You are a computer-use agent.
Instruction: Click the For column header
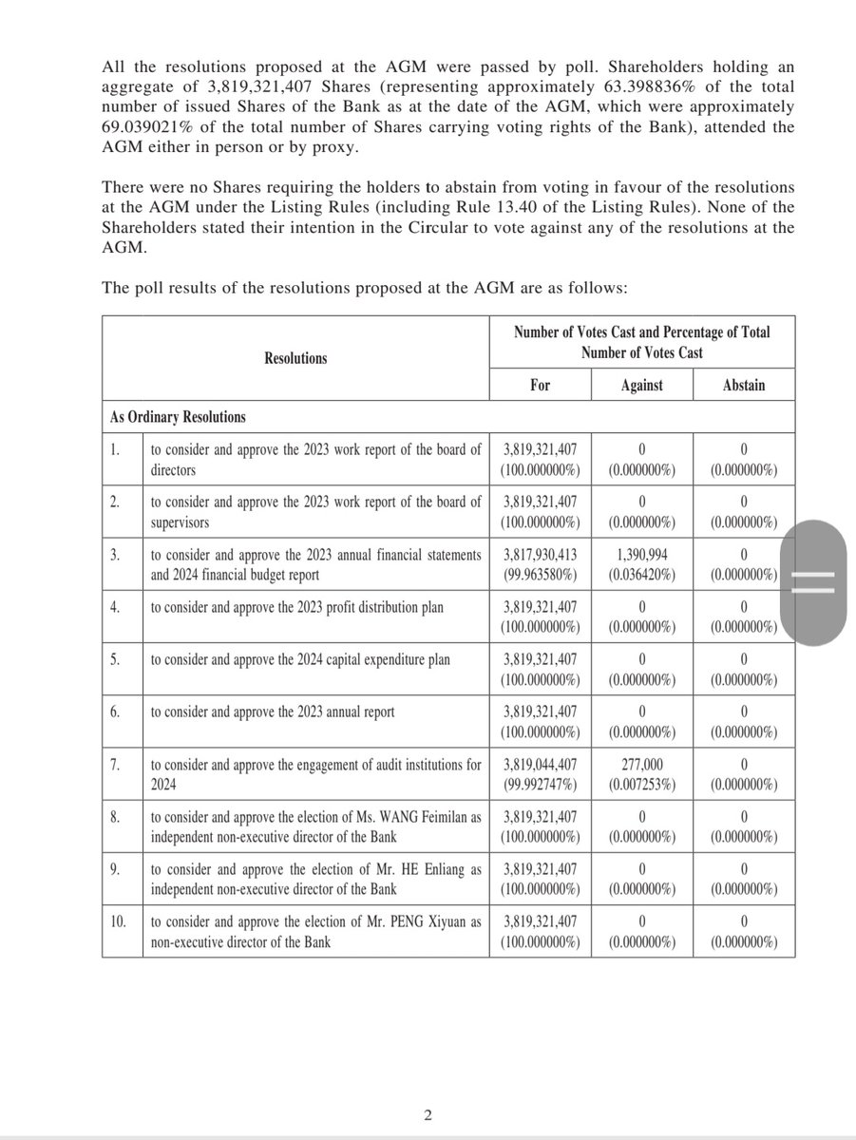(x=540, y=385)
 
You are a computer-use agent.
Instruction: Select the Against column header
(x=641, y=385)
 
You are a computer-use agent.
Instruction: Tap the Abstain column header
(x=743, y=385)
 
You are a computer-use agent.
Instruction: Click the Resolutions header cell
(x=295, y=358)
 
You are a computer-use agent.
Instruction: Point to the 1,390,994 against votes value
(x=641, y=554)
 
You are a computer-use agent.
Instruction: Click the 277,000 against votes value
(x=641, y=765)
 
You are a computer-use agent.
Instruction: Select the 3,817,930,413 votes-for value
(x=540, y=554)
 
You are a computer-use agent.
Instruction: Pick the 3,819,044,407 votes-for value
(x=540, y=765)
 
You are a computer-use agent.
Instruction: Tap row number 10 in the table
(x=118, y=921)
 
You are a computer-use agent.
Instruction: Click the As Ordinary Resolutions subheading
(x=178, y=416)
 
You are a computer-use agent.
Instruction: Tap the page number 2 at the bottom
(x=428, y=1115)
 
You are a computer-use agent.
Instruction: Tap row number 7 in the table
(x=114, y=765)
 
